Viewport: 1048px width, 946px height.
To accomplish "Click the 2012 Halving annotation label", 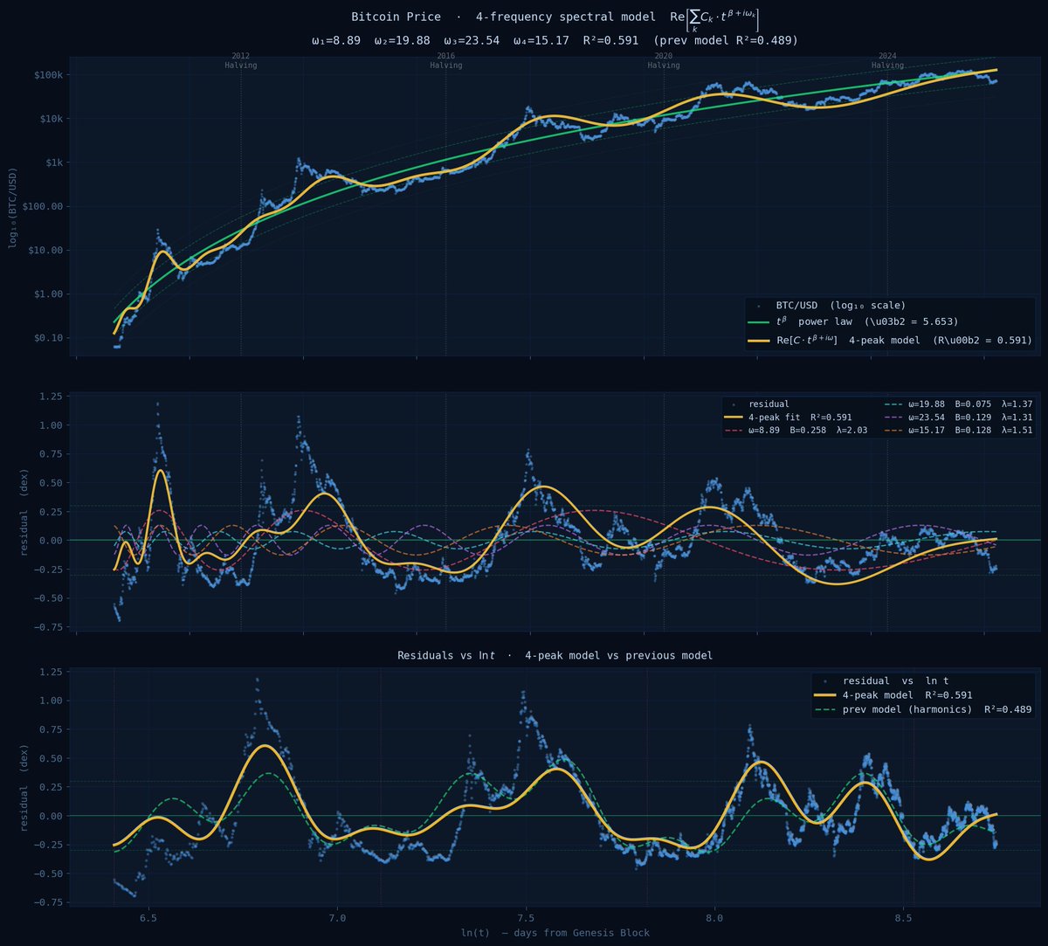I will coord(240,60).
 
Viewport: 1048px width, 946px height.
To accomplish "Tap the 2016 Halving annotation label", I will coord(446,60).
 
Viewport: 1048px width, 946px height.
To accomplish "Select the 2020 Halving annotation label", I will coord(664,60).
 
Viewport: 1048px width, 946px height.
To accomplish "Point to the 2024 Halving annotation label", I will coord(887,60).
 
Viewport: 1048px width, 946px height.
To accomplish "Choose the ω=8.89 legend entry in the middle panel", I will coord(808,431).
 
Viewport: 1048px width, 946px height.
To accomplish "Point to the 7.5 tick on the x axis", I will coord(526,919).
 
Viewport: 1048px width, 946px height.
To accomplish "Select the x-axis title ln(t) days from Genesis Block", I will coord(555,933).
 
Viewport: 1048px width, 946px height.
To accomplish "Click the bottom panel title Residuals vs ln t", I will coord(555,655).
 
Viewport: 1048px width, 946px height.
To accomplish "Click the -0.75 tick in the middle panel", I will coord(48,626).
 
